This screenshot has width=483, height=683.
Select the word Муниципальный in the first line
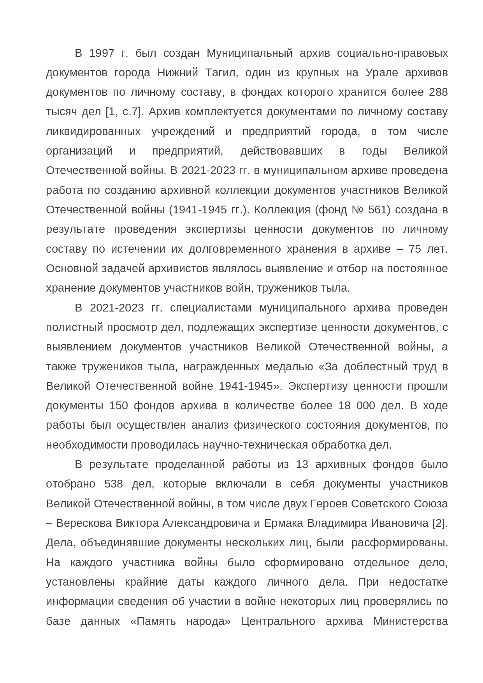(249, 53)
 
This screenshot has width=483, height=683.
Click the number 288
(438, 92)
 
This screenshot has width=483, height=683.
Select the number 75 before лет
(415, 249)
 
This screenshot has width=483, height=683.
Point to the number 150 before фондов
(118, 406)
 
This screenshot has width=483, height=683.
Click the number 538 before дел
(114, 484)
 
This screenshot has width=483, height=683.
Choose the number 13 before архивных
(302, 465)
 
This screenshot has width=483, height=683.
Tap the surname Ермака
(284, 523)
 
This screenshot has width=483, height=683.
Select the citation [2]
(440, 523)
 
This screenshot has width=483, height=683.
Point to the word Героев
(329, 504)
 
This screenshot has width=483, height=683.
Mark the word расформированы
(399, 543)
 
